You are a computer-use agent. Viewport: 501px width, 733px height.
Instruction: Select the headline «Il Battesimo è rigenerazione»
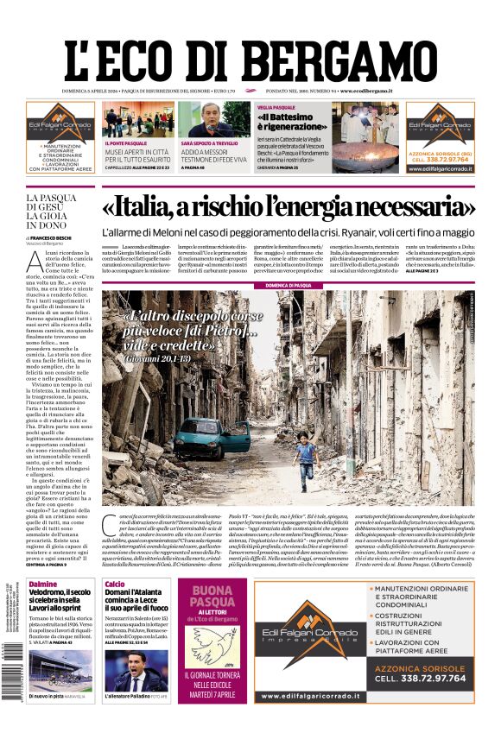pos(287,122)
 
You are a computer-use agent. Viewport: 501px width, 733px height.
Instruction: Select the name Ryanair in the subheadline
pos(346,232)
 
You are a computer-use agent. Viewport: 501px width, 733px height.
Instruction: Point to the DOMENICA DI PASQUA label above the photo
pos(289,284)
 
